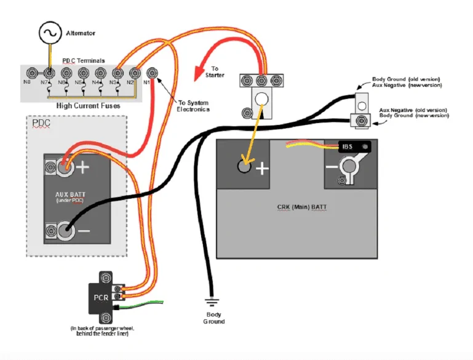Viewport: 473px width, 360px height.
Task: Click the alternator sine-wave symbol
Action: (x=50, y=33)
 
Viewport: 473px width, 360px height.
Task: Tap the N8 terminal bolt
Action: (x=32, y=73)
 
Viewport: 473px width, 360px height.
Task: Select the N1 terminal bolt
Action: (x=152, y=73)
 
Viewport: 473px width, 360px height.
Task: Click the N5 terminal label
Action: (x=78, y=82)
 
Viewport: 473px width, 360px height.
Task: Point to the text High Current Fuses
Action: (x=88, y=106)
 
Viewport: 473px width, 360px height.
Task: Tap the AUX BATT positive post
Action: (x=65, y=167)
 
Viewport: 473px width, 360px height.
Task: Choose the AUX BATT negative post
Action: (x=65, y=231)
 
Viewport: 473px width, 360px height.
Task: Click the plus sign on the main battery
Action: (x=262, y=169)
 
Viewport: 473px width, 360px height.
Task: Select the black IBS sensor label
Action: (x=354, y=147)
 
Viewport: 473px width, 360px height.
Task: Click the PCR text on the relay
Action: (x=101, y=298)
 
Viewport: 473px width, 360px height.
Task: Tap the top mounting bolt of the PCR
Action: (x=106, y=278)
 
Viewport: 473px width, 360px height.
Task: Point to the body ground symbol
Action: (x=212, y=302)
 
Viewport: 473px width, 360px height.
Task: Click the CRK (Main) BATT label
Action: (x=301, y=207)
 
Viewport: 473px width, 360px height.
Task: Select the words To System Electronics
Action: (x=193, y=106)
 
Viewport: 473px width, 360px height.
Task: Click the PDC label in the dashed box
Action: (x=41, y=123)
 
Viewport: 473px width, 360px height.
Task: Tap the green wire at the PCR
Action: (x=141, y=304)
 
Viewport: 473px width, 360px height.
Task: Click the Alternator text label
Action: (x=81, y=33)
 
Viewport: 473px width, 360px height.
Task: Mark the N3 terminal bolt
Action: (x=117, y=73)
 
